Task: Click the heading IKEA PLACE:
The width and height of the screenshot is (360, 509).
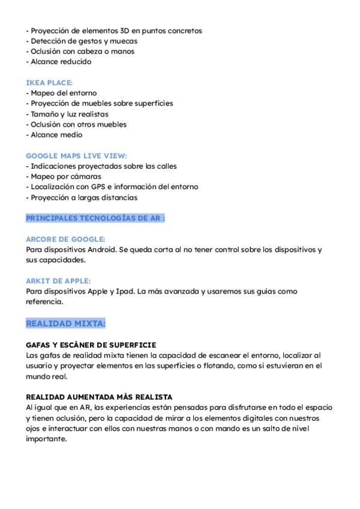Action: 49,83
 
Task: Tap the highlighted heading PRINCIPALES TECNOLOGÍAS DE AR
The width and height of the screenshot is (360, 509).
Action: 95,218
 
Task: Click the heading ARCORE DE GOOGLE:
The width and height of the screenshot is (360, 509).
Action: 65,239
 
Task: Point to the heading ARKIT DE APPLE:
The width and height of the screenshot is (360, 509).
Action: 58,281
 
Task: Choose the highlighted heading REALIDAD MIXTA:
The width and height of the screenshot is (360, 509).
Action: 65,324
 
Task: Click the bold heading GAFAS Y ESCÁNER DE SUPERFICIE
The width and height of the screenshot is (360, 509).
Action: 91,345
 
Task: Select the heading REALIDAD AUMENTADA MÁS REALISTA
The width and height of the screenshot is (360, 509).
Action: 99,397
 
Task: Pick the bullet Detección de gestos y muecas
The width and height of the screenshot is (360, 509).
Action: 83,41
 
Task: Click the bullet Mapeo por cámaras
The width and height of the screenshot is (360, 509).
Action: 65,176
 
